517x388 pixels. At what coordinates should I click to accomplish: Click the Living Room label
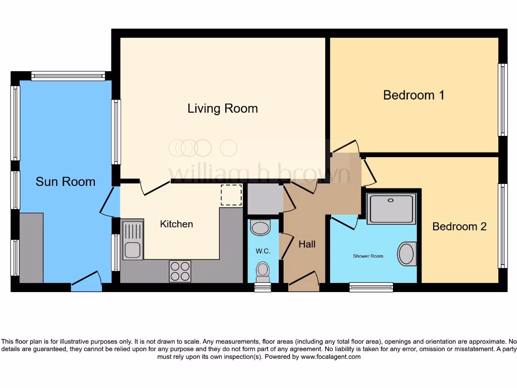click(x=223, y=108)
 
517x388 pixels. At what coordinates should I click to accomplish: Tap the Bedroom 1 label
click(x=413, y=95)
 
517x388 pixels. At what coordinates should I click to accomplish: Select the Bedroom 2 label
click(x=459, y=226)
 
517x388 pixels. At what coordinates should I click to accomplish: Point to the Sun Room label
click(x=65, y=181)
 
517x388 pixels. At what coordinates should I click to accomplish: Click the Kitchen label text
click(x=176, y=224)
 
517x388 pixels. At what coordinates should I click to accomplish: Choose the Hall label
click(x=306, y=244)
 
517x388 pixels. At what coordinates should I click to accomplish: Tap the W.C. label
click(x=263, y=251)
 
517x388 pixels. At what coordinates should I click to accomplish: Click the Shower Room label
click(x=368, y=256)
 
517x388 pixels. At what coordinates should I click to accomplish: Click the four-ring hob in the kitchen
click(x=180, y=271)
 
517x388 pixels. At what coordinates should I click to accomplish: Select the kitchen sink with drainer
click(x=133, y=239)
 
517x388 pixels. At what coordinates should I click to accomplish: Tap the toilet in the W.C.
click(x=263, y=271)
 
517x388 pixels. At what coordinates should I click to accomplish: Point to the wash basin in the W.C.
click(x=261, y=227)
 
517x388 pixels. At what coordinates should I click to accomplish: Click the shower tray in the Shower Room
click(x=391, y=208)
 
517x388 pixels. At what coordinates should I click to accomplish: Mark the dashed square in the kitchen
click(x=232, y=195)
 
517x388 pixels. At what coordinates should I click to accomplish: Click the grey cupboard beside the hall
click(x=265, y=199)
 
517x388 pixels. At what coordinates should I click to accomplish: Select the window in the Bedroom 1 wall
click(x=502, y=100)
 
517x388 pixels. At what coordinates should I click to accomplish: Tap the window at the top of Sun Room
click(x=68, y=76)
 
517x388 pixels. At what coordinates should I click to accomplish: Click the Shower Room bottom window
click(x=371, y=287)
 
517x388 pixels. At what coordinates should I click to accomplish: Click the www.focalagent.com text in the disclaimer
click(x=331, y=357)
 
